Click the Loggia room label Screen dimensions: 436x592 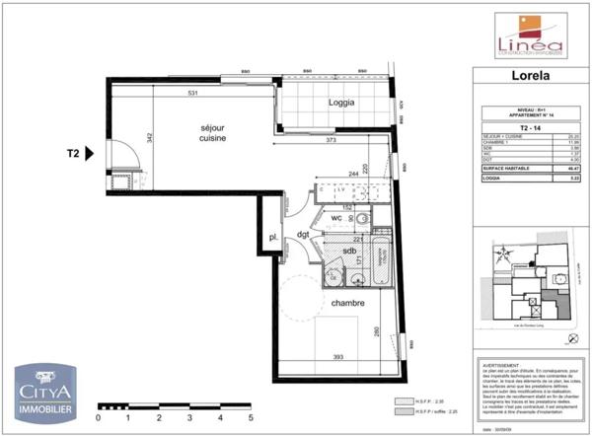(341, 102)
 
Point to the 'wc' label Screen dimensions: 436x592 (336, 218)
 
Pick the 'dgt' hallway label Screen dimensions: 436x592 (303, 234)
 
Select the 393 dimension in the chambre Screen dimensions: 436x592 (337, 357)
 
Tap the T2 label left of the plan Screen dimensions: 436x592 (72, 154)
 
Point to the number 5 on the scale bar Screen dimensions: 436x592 (251, 417)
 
